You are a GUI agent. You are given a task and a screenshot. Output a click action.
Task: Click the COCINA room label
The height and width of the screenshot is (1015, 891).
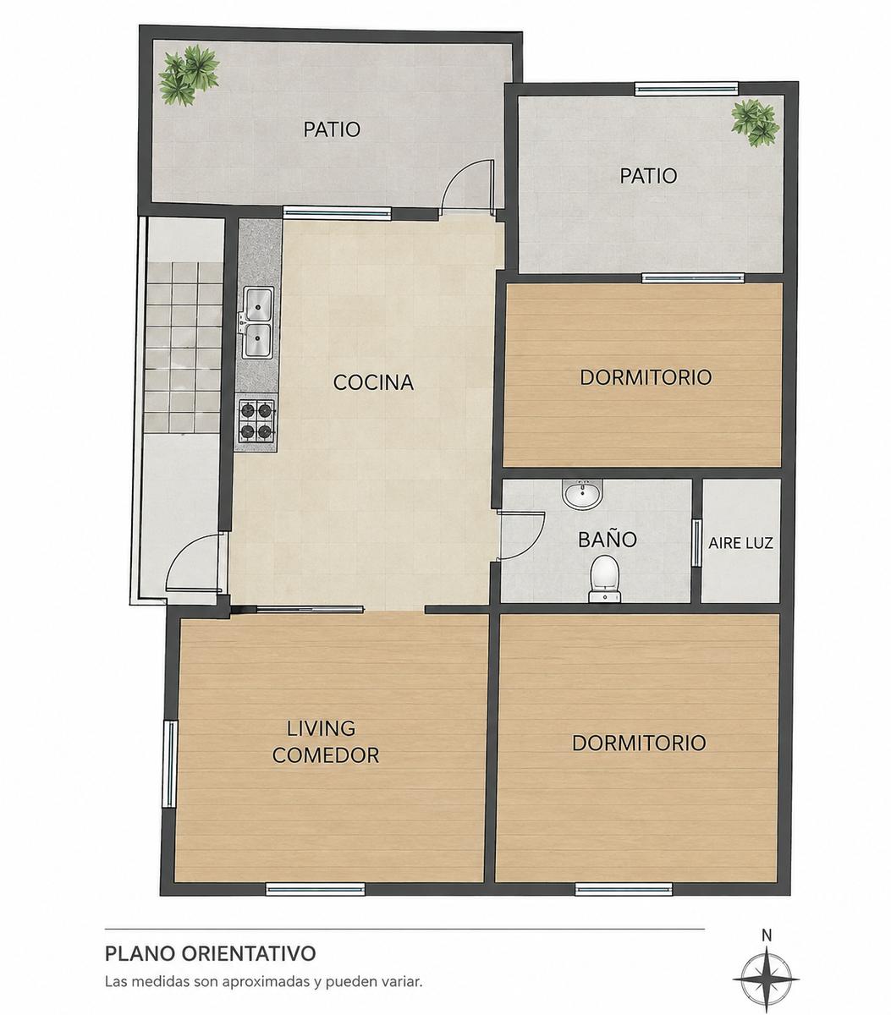pos(373,383)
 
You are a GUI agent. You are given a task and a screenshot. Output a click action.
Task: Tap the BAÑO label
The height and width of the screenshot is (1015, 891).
pos(608,539)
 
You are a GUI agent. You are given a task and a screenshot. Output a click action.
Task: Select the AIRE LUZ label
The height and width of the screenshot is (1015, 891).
pos(740,543)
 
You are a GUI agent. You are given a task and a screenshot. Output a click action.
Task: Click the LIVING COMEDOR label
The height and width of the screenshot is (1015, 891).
pos(325,742)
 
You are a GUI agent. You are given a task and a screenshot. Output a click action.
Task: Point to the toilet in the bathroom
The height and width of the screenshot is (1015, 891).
pos(604,579)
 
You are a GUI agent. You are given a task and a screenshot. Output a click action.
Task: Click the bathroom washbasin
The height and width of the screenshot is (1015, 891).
pos(583,494)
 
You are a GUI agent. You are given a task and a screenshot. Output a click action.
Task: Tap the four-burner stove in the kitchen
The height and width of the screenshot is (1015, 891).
pos(256,420)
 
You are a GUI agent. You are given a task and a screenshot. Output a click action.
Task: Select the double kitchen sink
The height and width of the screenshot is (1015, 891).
pos(257,322)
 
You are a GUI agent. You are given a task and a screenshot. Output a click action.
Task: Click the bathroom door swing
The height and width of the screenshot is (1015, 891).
pos(521,536)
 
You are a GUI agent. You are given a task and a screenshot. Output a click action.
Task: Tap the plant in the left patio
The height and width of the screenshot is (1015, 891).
pos(189,74)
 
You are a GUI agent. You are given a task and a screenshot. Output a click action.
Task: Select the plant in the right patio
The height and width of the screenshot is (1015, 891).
pos(755,123)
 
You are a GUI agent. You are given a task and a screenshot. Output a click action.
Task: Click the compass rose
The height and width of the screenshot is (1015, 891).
pos(766,979)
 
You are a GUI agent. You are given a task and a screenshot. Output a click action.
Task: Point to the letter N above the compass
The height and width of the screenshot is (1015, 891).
pos(767,935)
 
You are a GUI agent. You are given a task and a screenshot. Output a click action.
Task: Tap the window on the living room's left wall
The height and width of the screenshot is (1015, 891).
pos(170,764)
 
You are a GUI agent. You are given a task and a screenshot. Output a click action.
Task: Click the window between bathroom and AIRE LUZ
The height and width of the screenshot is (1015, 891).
pos(696,543)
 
